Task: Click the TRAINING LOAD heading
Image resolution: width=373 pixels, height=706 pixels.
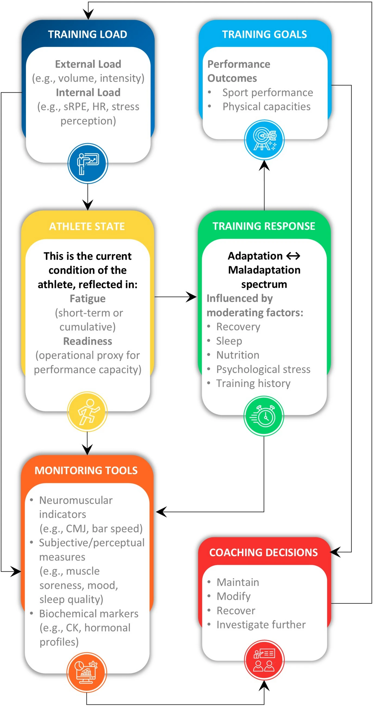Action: coord(88,34)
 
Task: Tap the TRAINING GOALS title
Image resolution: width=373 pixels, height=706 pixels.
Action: coord(264,34)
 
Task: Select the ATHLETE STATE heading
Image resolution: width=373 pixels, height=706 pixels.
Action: coord(87,226)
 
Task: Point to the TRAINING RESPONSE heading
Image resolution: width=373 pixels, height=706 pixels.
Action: coord(264,226)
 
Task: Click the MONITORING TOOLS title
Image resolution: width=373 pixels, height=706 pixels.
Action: coord(86,470)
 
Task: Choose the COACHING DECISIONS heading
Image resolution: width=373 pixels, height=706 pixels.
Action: coord(263,552)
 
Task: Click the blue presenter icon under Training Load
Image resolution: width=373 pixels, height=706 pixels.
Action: coord(88,163)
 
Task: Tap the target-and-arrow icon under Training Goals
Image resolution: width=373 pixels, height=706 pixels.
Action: coord(264,140)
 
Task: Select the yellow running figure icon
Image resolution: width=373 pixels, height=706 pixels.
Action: coord(88,412)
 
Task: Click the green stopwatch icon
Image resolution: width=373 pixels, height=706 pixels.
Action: coord(264,416)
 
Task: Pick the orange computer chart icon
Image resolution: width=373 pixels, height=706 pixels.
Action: coord(87,672)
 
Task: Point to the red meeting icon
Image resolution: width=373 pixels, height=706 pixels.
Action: coord(264,660)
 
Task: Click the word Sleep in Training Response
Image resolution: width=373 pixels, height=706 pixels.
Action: coord(229,341)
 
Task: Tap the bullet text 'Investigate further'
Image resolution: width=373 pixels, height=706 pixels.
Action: coord(261,625)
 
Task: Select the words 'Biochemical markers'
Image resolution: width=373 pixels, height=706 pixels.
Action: coord(89,613)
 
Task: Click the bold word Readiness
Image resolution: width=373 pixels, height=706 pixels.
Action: coord(88,341)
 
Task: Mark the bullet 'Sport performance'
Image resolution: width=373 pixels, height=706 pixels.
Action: coord(268,92)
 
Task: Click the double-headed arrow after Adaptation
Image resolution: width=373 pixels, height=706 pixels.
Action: coord(293,256)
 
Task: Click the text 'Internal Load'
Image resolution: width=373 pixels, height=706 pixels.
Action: coord(88,92)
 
